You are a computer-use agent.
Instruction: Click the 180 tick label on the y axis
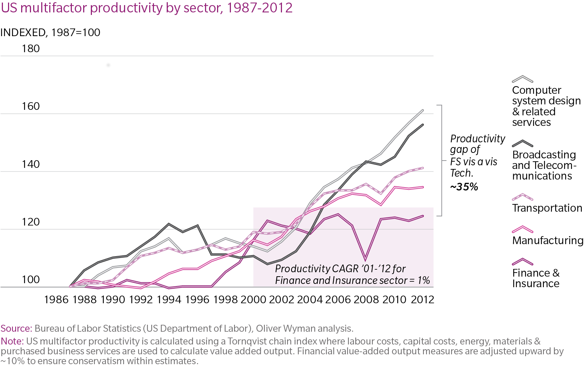pos(31,49)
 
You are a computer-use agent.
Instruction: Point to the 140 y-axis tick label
pos(31,164)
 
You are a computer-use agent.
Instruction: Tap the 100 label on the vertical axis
pos(31,280)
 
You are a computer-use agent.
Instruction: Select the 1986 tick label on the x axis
pos(56,300)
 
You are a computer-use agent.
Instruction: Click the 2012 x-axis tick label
pos(422,300)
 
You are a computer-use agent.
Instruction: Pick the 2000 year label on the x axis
pos(253,300)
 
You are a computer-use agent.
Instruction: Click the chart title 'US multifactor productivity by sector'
pos(147,8)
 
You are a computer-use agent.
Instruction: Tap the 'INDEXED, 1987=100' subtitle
pos(50,32)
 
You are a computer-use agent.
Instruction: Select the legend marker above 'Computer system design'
pos(522,79)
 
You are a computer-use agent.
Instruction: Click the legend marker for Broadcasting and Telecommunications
pos(522,143)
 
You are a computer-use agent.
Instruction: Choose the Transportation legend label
pos(547,208)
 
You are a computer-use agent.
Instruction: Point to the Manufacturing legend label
pos(548,240)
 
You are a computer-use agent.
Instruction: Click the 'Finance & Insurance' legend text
pos(535,278)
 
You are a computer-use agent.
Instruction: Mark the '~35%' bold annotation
pos(464,187)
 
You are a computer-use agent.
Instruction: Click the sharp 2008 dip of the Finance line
pos(366,260)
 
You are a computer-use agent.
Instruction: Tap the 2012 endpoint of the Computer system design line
pos(423,110)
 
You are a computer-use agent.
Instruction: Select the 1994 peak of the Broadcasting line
pos(169,224)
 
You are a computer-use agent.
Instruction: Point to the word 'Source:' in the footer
pos(16,328)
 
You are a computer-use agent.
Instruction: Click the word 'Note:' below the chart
pos(12,341)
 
